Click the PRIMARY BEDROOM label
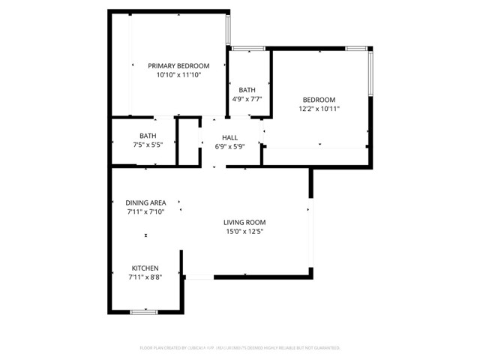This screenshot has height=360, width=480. [x=178, y=66]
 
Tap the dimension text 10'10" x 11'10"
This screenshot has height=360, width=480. [x=178, y=76]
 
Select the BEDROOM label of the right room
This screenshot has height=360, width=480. [x=319, y=100]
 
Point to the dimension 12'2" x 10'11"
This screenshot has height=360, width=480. [x=319, y=109]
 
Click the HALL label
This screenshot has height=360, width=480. [x=229, y=138]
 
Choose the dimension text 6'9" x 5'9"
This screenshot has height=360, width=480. [x=229, y=147]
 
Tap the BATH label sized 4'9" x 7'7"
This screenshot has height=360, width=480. [x=247, y=89]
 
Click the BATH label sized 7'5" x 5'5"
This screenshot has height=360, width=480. [x=142, y=136]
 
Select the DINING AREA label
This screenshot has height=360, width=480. [x=145, y=202]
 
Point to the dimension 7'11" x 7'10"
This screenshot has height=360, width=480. [x=145, y=212]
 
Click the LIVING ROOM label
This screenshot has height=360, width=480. [x=244, y=223]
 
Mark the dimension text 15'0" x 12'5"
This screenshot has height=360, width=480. [x=244, y=232]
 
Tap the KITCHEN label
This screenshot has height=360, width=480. [x=145, y=268]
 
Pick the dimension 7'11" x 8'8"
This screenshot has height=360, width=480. [x=145, y=277]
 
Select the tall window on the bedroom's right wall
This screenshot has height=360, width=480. [x=370, y=72]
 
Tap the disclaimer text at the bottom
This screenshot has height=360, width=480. [x=240, y=348]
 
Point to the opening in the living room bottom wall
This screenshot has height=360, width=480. [x=199, y=277]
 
